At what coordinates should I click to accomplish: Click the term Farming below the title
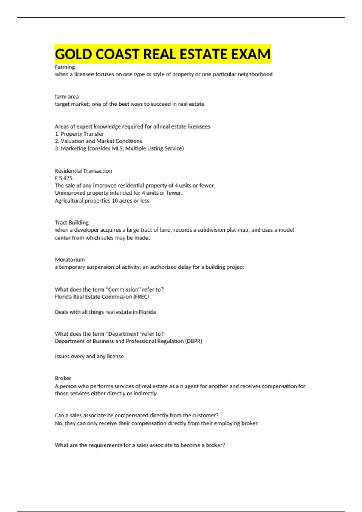pos(65,67)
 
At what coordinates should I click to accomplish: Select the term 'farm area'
pos(67,97)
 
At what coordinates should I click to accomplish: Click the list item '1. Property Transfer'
pos(79,134)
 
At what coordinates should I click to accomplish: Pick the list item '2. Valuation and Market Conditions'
pos(98,141)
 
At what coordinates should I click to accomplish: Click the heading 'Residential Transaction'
pos(83,171)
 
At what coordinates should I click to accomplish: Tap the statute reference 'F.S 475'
pos(63,178)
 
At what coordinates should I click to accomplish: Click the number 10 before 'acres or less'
pos(115,201)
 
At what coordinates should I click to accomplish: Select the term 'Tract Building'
pos(71,223)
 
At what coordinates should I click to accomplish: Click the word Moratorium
pos(70,260)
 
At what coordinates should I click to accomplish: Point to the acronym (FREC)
pos(141,297)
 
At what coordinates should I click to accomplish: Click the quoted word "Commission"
pos(123,289)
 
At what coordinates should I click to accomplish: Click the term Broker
pos(63,378)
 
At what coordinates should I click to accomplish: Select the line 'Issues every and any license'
pos(89,356)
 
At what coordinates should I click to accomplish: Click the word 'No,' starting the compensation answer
pos(59,423)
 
